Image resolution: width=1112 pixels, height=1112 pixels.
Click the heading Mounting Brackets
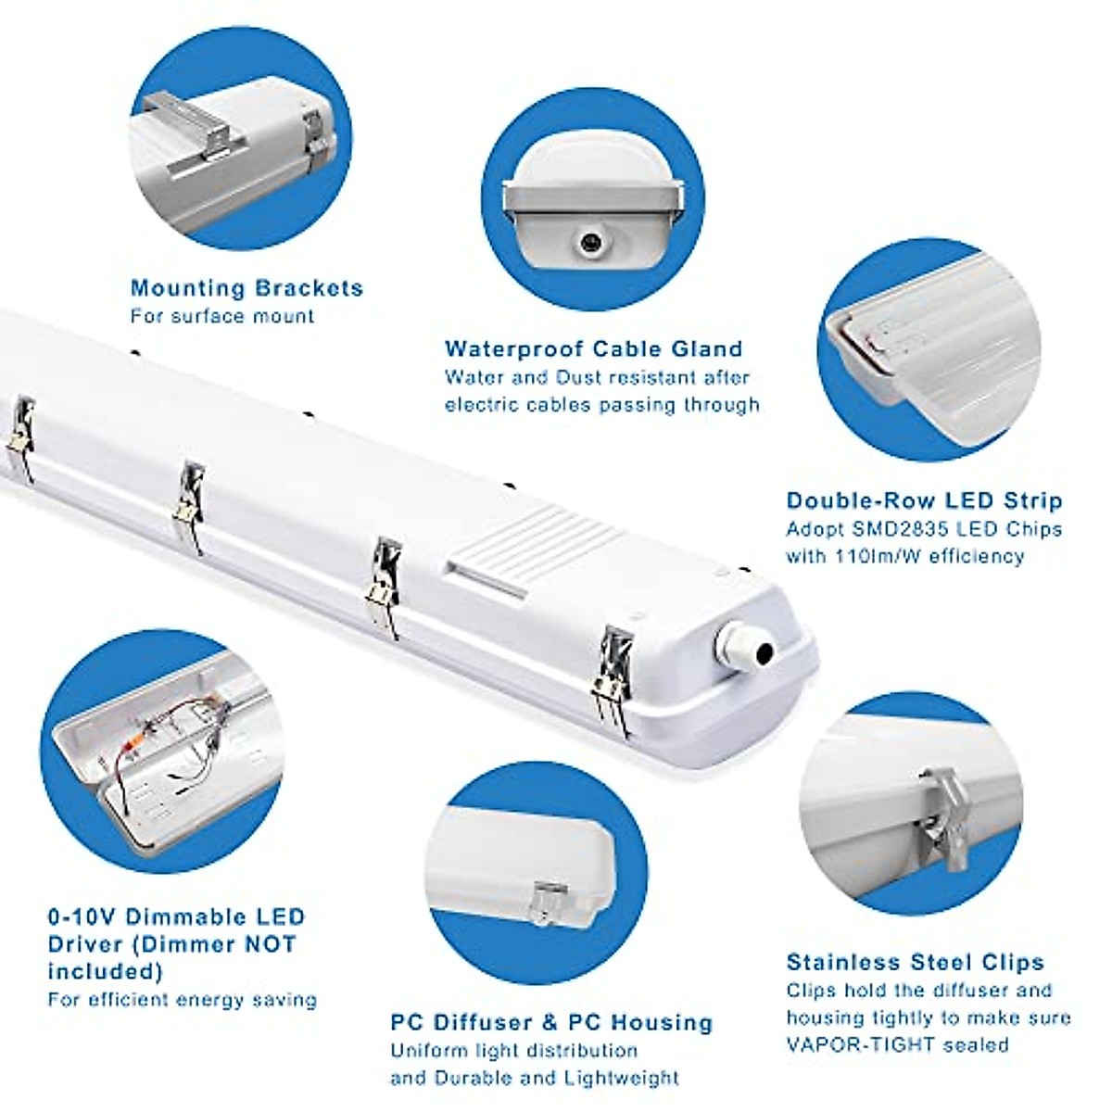pyautogui.click(x=246, y=288)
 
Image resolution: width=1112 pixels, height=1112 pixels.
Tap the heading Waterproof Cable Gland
pyautogui.click(x=593, y=349)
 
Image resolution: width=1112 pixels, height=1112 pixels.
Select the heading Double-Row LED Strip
pyautogui.click(x=924, y=501)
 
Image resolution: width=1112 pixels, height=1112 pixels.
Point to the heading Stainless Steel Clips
pyautogui.click(x=915, y=962)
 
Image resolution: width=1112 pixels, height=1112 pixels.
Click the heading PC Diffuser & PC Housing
pyautogui.click(x=551, y=1023)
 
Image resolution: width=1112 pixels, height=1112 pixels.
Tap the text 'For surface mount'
pyautogui.click(x=222, y=316)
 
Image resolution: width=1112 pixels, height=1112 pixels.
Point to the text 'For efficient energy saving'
pyautogui.click(x=183, y=1000)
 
